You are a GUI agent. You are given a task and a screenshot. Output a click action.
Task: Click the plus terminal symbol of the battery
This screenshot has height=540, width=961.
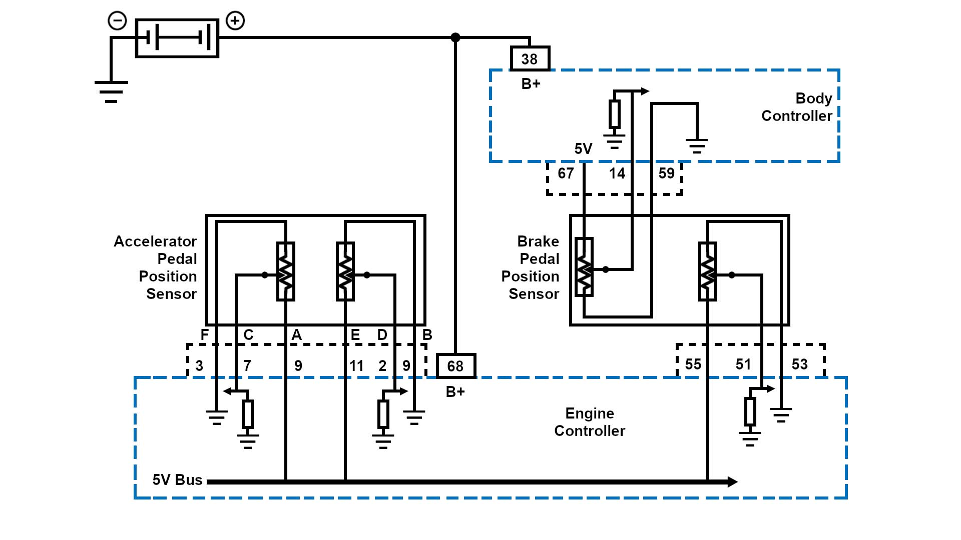click(x=235, y=21)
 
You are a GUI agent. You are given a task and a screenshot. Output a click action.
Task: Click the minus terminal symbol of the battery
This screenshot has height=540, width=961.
click(x=117, y=21)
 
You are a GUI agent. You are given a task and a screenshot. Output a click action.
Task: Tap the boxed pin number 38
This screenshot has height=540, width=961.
click(x=530, y=59)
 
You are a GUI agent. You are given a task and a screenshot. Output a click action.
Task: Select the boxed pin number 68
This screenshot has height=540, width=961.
click(x=455, y=366)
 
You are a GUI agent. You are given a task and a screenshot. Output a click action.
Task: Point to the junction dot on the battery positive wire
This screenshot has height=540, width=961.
click(x=455, y=37)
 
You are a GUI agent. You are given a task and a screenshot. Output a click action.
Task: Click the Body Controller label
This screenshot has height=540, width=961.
click(x=796, y=107)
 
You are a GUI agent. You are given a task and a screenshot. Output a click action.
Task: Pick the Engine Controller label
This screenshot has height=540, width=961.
click(x=590, y=422)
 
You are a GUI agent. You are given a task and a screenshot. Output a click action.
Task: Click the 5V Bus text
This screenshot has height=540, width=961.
click(x=177, y=480)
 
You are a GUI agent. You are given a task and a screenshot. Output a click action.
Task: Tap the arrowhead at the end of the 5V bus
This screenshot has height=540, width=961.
click(x=732, y=482)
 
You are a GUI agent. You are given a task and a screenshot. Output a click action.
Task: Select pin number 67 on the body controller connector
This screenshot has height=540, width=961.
click(x=566, y=173)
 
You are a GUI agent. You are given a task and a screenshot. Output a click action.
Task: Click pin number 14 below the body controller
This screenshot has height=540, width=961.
click(x=617, y=173)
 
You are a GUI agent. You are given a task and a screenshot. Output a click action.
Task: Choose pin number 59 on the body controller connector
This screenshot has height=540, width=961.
click(x=666, y=173)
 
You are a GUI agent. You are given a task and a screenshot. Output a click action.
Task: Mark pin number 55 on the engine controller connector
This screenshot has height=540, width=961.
click(x=693, y=364)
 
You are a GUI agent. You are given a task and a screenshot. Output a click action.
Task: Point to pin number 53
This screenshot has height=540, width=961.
click(x=799, y=364)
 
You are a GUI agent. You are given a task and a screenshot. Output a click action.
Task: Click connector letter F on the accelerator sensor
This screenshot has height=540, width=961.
click(x=204, y=335)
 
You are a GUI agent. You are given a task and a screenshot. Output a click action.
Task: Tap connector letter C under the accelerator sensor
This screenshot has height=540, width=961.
click(x=248, y=335)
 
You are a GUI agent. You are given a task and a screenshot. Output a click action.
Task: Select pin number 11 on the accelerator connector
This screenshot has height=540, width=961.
click(x=356, y=366)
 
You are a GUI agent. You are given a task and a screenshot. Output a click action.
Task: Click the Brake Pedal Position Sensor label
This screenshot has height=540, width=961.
click(x=531, y=267)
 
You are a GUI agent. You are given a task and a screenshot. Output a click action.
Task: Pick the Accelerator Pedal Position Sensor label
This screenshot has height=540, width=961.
click(x=156, y=267)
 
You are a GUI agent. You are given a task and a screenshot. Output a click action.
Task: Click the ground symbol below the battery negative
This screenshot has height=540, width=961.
click(x=111, y=91)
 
